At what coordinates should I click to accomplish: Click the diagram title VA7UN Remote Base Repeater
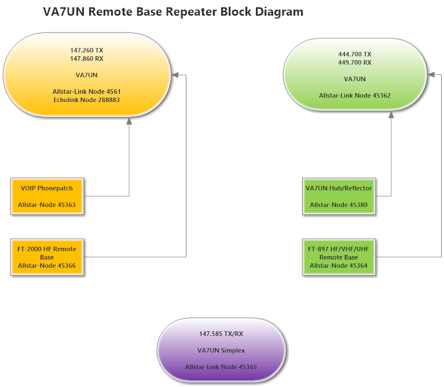[173, 12]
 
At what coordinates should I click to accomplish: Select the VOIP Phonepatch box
[47, 196]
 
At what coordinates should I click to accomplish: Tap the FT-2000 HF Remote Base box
[47, 257]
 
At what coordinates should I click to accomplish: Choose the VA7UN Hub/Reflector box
[339, 196]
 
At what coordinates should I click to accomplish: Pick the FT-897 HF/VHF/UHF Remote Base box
[339, 257]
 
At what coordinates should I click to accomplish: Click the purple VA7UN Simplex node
[221, 351]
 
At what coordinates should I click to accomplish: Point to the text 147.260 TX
[86, 50]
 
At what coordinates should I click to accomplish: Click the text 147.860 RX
[86, 59]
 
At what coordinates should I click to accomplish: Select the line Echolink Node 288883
[86, 100]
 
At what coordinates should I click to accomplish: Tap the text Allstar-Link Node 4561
[86, 92]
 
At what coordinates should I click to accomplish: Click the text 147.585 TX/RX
[221, 334]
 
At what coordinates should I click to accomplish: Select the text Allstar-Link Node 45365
[221, 367]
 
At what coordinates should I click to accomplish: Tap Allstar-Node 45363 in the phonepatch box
[47, 205]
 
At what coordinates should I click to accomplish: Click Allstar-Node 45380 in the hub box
[339, 205]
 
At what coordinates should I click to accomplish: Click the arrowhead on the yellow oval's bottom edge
[129, 120]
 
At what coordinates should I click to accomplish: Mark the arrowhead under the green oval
[391, 114]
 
